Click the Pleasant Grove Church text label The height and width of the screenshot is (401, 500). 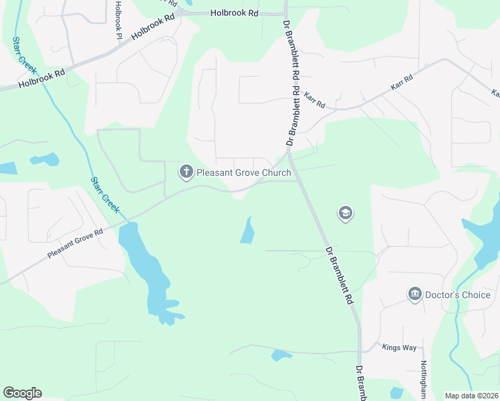tap(243, 172)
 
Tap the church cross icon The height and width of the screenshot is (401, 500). tap(186, 172)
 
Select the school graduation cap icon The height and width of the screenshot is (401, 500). tap(346, 214)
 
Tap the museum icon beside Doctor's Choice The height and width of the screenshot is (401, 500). tap(415, 295)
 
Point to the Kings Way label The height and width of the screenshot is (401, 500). tap(399, 348)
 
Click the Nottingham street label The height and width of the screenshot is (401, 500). tap(424, 379)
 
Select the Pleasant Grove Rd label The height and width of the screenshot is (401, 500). tap(75, 244)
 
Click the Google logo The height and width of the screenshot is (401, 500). tap(22, 393)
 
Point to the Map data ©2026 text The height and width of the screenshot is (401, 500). tap(471, 396)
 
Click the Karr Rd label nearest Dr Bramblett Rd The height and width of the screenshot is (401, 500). tap(314, 100)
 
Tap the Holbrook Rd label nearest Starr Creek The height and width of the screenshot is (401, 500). tap(41, 79)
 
